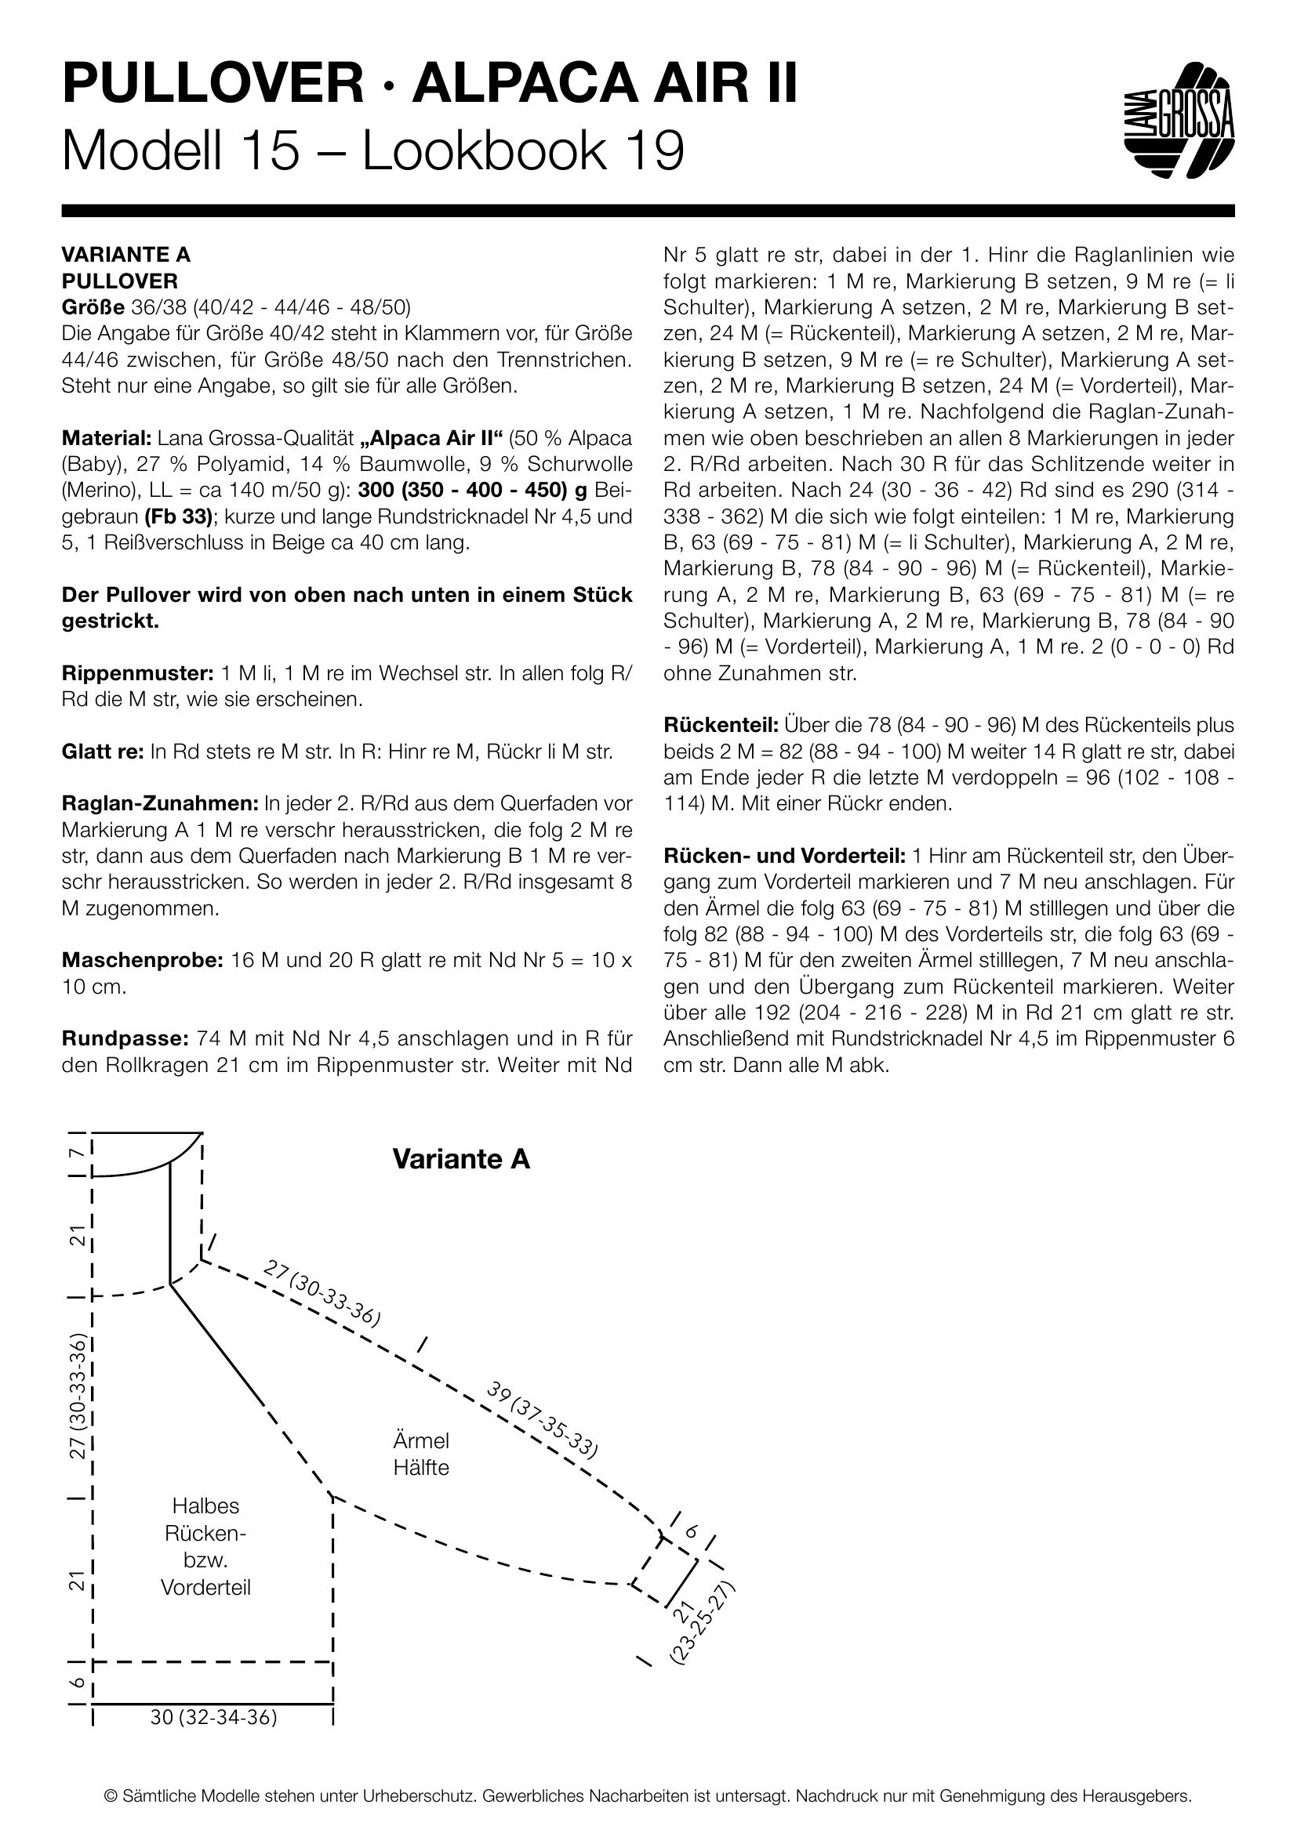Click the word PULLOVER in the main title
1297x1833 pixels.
pos(213,84)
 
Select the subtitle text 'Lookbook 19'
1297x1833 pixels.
pos(523,151)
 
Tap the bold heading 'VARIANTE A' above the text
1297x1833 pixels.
pos(126,255)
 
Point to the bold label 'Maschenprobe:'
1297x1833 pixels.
pos(142,961)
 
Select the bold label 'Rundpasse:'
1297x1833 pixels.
pos(124,1038)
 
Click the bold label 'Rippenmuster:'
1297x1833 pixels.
pos(137,673)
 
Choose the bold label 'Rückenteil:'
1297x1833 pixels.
pos(721,726)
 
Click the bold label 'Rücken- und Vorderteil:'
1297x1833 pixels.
pos(784,856)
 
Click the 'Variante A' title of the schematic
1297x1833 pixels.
pos(461,1159)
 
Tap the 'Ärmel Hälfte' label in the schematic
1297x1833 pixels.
pos(421,1454)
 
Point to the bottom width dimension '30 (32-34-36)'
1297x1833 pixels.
pos(213,1717)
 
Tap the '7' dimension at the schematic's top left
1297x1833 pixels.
pos(76,1154)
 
